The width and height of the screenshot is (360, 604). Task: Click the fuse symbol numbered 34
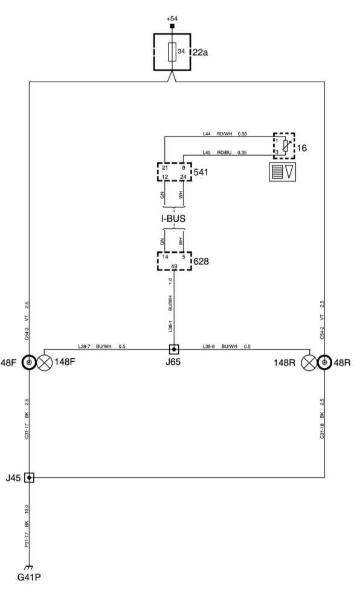pos(172,52)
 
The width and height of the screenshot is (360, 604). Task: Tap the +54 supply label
pos(172,19)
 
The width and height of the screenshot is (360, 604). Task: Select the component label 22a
pos(200,53)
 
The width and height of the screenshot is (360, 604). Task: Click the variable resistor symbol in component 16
pos(285,145)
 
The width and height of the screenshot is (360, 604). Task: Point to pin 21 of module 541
pos(165,168)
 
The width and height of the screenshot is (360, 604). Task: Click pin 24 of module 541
pos(183,177)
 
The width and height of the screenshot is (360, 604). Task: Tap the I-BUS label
pos(173,219)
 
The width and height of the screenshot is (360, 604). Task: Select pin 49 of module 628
pos(174,266)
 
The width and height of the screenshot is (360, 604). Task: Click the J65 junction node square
pos(174,349)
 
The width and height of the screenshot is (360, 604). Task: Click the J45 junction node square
pos(29,478)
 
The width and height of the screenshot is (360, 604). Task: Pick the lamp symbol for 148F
pos(45,363)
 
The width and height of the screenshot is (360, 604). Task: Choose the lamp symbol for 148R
pos(309,363)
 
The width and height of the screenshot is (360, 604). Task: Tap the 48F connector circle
pos(29,362)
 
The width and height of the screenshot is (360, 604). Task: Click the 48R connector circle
pos(324,362)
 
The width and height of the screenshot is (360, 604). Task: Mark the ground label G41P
pos(29,577)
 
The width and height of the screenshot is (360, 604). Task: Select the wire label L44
pos(207,134)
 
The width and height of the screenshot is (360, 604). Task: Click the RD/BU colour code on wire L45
pos(224,153)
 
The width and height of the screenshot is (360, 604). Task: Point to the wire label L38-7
pos(84,347)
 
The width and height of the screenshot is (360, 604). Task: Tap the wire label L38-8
pos(208,347)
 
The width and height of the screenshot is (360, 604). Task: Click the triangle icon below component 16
pos(289,172)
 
